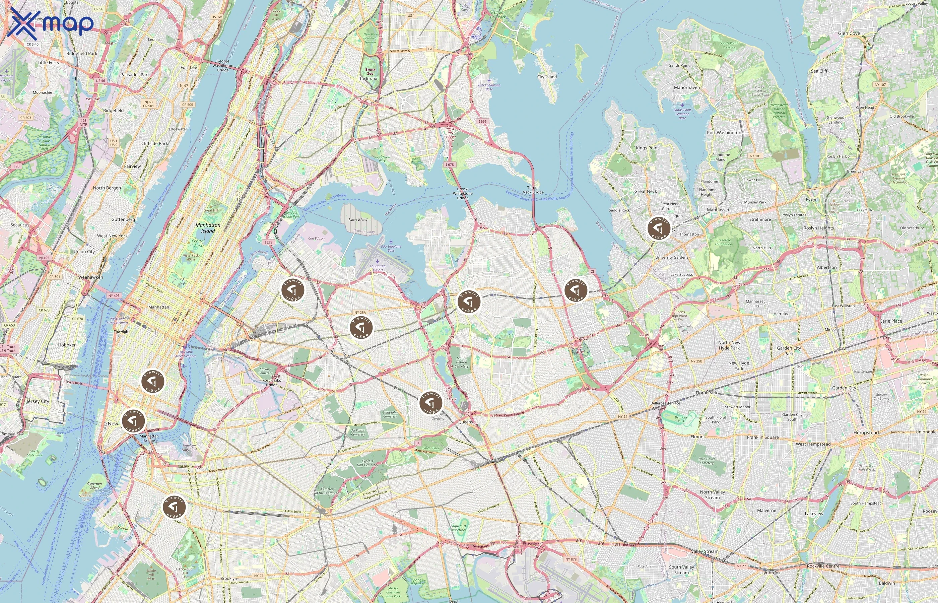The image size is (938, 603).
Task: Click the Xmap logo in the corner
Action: pyautogui.click(x=50, y=23)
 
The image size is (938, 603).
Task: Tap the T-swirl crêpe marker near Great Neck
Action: pyautogui.click(x=659, y=228)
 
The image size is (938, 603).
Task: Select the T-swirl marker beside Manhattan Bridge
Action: pyautogui.click(x=133, y=421)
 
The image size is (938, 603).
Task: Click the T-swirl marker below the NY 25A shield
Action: pyautogui.click(x=361, y=327)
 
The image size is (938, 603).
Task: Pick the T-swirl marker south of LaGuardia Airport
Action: pyautogui.click(x=293, y=290)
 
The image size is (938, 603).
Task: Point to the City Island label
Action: pyautogui.click(x=547, y=77)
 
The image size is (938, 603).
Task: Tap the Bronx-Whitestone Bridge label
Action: pyautogui.click(x=462, y=193)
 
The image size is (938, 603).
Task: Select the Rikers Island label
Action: pyautogui.click(x=358, y=220)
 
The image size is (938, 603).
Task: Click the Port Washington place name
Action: pyautogui.click(x=724, y=133)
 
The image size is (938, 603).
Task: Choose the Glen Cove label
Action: pyautogui.click(x=849, y=33)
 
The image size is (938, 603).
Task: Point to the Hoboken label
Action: pyautogui.click(x=67, y=345)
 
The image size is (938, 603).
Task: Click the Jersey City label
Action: pyautogui.click(x=38, y=401)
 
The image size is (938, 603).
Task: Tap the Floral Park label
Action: pyautogui.click(x=707, y=393)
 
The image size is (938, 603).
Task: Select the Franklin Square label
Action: pyautogui.click(x=762, y=438)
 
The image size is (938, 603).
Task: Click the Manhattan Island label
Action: pyautogui.click(x=208, y=228)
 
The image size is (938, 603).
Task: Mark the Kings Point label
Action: pyautogui.click(x=647, y=148)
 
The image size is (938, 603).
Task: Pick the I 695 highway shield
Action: pyautogui.click(x=482, y=121)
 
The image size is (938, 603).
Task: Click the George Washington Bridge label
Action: pyautogui.click(x=223, y=66)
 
